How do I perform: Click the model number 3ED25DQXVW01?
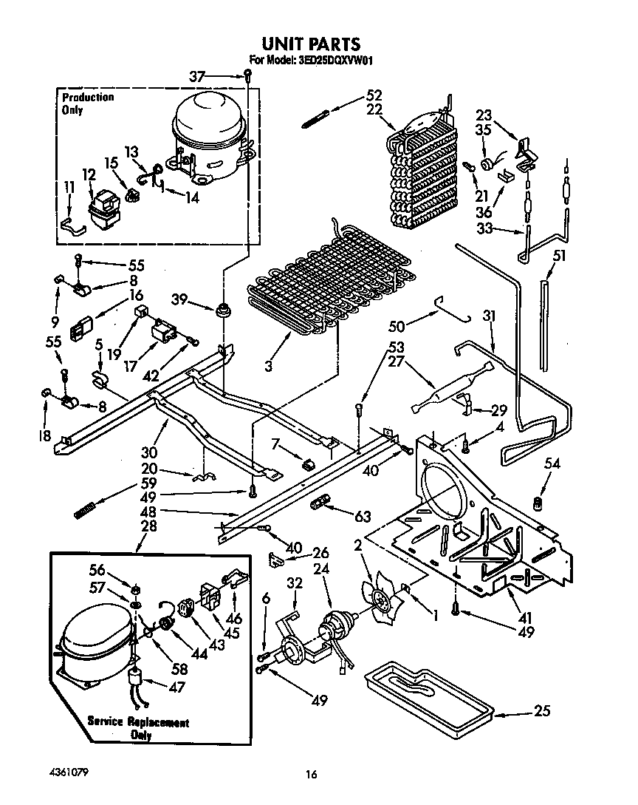pos(331,61)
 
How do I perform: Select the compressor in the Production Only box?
pos(209,140)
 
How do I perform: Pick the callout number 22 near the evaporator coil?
pos(374,109)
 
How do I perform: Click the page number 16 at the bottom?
pos(312,774)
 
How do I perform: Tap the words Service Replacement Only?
pos(138,728)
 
